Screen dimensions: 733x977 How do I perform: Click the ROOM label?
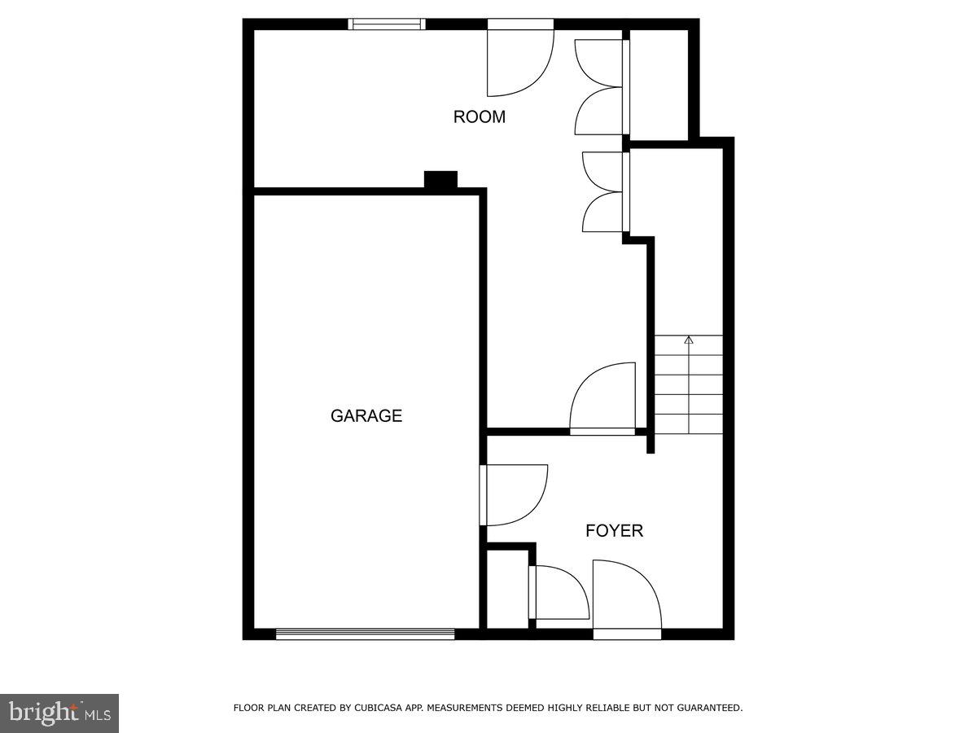point(479,116)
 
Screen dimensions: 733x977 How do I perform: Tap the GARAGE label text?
point(366,415)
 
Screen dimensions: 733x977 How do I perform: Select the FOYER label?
point(614,531)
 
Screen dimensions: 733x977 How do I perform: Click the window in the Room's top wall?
point(387,24)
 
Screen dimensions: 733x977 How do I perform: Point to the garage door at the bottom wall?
point(365,634)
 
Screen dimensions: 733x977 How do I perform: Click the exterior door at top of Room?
point(520,61)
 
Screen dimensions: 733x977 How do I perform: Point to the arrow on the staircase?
point(689,340)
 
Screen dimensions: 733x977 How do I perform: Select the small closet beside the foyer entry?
point(507,589)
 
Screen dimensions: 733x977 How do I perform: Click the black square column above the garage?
point(440,180)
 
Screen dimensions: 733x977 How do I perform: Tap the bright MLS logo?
point(59,713)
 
